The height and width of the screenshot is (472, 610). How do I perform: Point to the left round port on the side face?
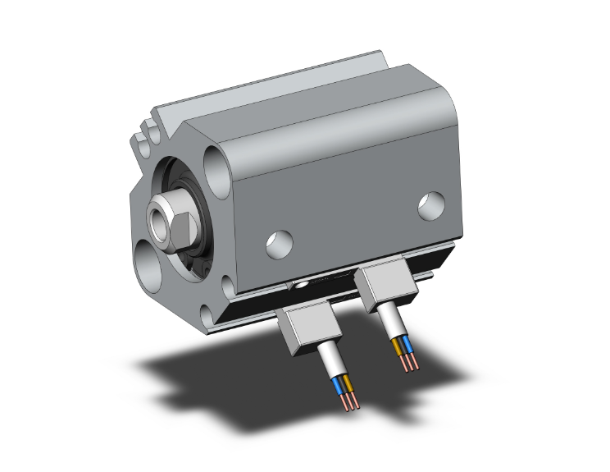pos(277,242)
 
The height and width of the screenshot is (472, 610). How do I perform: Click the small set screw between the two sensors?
pos(304,286)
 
